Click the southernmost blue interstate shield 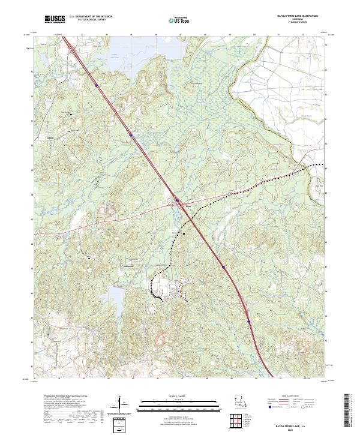[x=248, y=321]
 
